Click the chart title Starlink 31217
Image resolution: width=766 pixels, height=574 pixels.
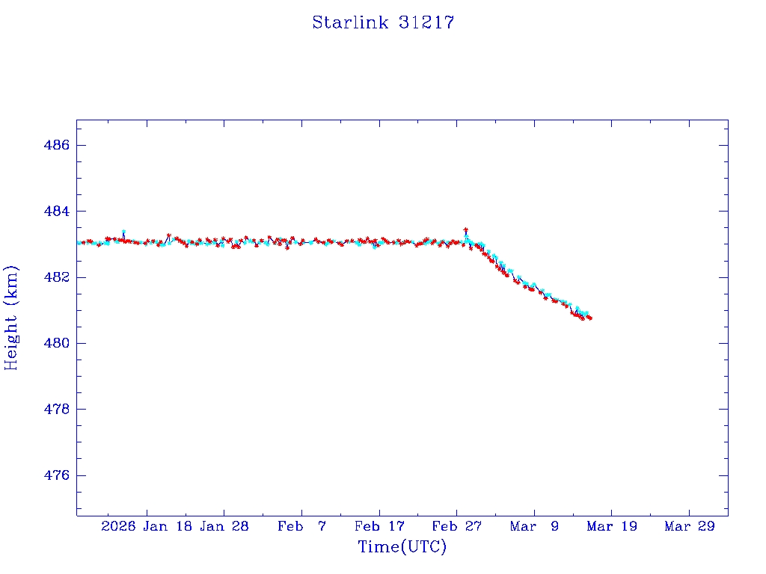tap(383, 22)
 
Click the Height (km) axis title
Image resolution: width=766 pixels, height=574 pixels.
tap(11, 317)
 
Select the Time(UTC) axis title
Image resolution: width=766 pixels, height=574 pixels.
tap(402, 547)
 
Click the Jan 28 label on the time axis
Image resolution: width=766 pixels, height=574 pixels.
tap(224, 526)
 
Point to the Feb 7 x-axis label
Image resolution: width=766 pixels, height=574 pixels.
tap(301, 526)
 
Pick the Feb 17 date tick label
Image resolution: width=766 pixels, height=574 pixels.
tap(379, 526)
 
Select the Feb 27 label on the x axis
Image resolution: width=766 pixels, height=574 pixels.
tap(456, 526)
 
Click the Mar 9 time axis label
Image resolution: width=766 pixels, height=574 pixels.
tap(534, 526)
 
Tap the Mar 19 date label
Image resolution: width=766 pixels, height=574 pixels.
tap(611, 526)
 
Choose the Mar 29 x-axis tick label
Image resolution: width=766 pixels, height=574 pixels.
tap(689, 526)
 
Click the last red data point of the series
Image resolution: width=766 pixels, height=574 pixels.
tap(590, 318)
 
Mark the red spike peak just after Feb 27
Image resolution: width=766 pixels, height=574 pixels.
tap(466, 229)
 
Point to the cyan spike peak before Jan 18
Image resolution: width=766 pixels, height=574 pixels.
tap(123, 232)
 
